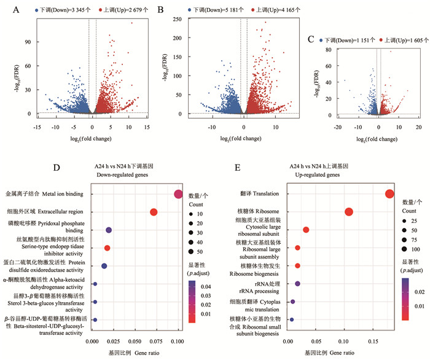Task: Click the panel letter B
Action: [162, 10]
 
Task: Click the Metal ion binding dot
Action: [178, 195]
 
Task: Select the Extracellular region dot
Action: [154, 213]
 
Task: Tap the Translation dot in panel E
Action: [389, 194]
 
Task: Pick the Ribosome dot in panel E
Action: [349, 212]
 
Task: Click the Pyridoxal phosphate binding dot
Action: [109, 230]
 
